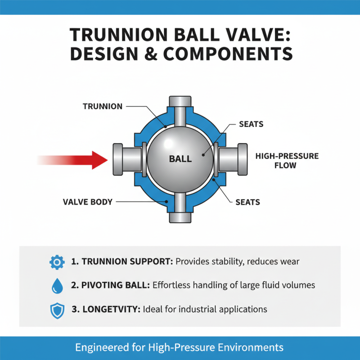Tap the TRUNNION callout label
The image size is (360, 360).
103,106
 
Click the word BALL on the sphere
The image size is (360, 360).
180,158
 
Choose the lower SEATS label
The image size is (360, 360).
247,202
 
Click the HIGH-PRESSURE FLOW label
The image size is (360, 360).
287,161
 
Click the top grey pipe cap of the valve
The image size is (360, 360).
180,102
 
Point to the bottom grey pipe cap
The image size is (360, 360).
180,216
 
